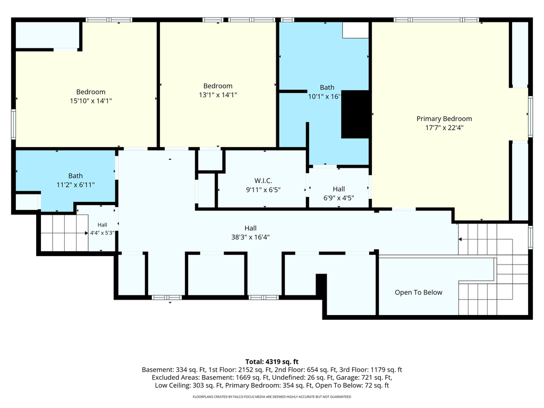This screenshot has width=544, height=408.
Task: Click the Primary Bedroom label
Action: [444, 118]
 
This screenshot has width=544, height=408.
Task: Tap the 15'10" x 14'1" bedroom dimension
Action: [91, 101]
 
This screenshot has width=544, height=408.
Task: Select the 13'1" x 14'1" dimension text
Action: [218, 95]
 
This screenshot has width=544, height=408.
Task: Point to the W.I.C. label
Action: [263, 181]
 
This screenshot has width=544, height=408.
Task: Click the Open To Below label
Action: [419, 293]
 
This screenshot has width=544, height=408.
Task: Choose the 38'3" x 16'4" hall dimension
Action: [251, 237]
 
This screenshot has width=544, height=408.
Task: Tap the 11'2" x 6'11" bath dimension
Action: [75, 185]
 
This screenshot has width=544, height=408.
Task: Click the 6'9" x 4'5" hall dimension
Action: [338, 198]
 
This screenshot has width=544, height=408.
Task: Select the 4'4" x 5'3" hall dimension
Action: [103, 233]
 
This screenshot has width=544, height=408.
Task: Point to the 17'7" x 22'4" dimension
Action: [445, 127]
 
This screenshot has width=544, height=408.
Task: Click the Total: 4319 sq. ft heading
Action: [272, 362]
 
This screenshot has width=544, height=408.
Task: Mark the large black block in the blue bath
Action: [355, 115]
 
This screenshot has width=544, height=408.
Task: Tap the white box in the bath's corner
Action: [355, 30]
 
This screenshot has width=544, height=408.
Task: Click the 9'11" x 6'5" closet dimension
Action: [263, 190]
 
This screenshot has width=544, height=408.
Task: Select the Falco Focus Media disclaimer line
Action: [272, 396]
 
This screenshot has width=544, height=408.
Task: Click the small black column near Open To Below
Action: [321, 285]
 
